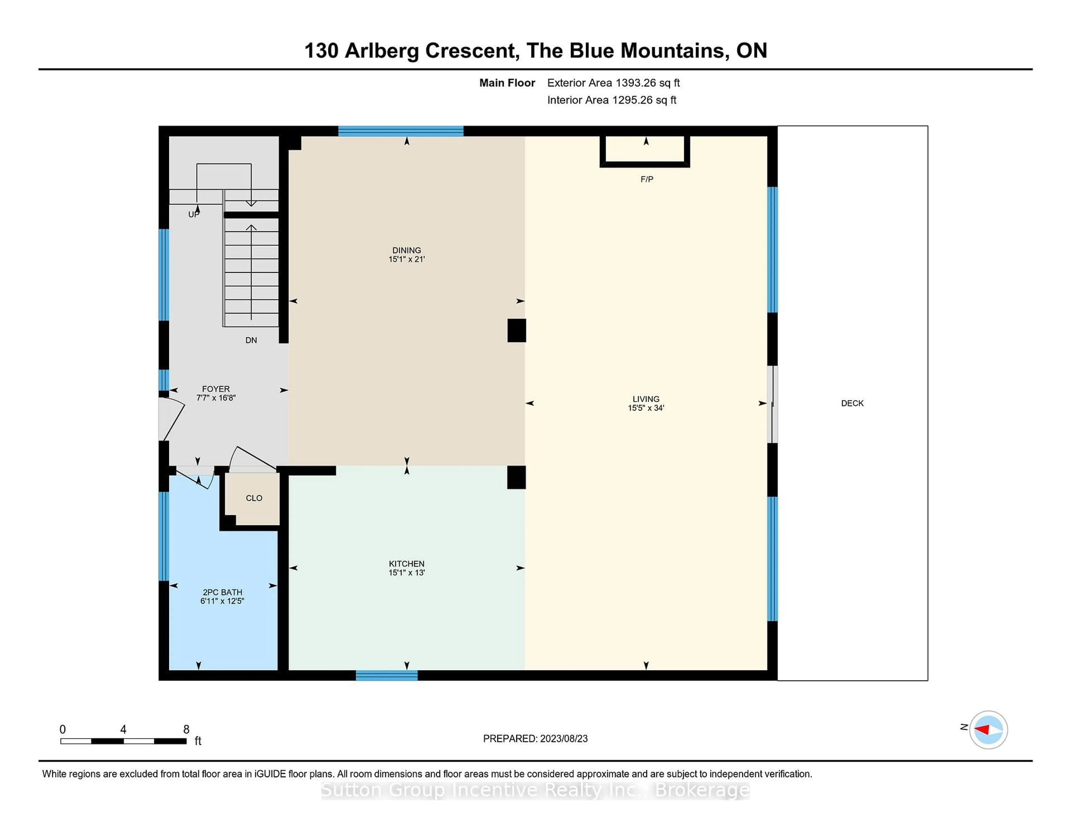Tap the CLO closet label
pos(254,498)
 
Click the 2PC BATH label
pos(222,592)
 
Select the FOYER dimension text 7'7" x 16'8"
pos(216,398)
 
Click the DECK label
pos(852,403)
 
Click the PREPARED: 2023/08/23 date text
pos(535,738)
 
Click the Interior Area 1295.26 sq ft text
pos(612,100)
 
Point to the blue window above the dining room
pos(401,131)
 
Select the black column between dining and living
pos(516,330)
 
